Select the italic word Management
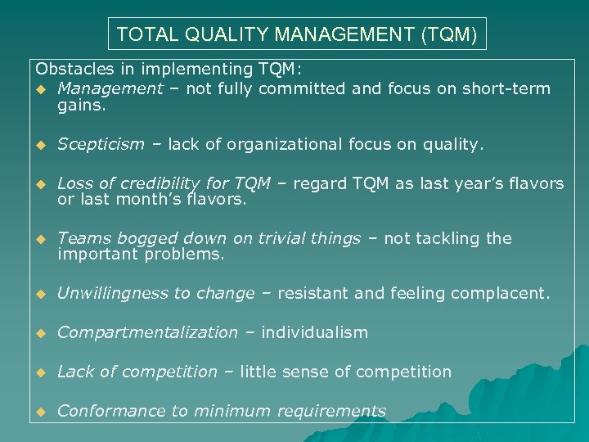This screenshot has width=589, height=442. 110,88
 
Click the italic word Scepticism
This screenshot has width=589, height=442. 101,145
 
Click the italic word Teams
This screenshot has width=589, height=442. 80,238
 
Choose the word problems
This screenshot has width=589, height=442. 184,254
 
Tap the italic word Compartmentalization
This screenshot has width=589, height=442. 147,332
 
